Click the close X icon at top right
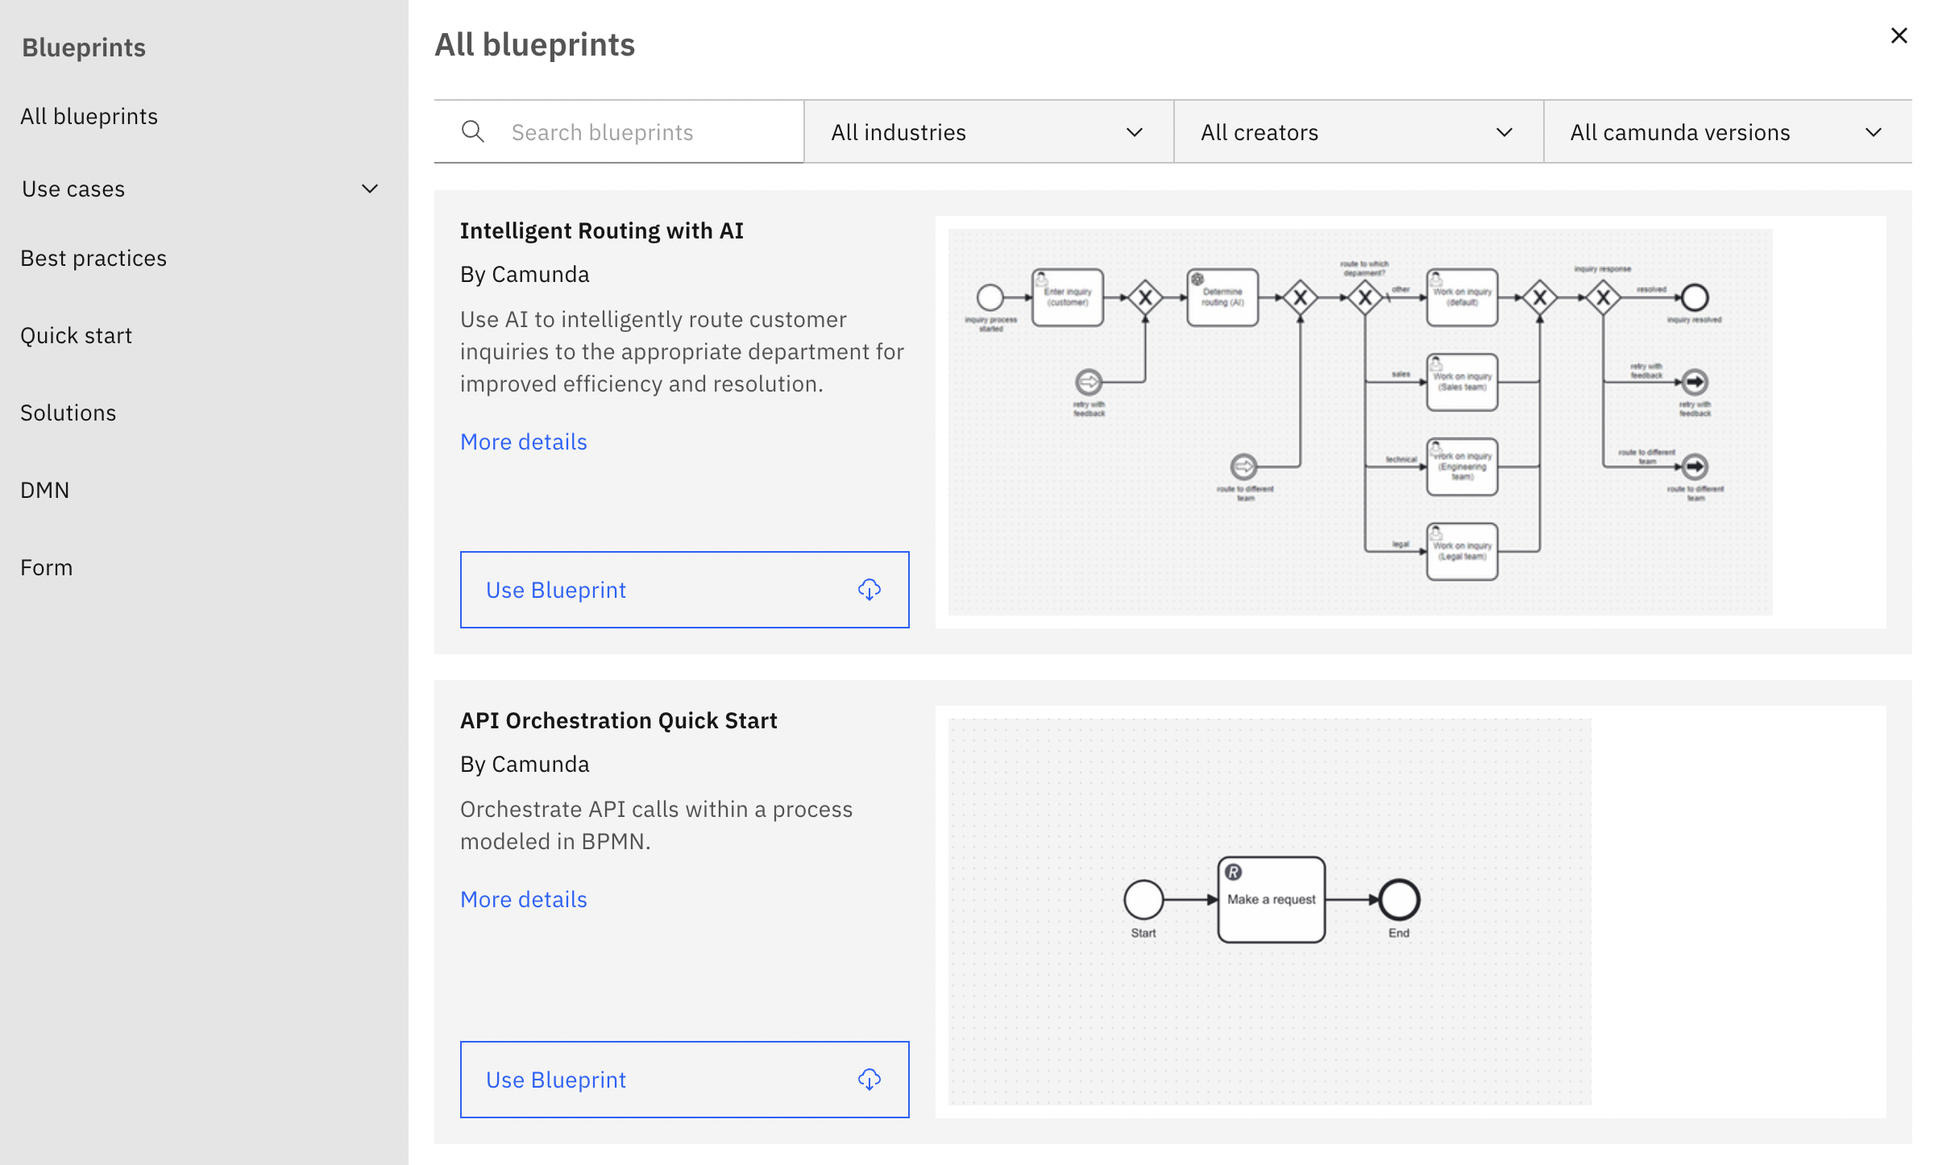[x=1899, y=35]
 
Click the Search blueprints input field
[x=637, y=132]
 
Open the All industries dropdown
[x=988, y=132]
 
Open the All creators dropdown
[x=1358, y=132]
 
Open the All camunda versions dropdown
[x=1727, y=132]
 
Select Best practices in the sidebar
[x=93, y=258]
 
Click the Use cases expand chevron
[x=370, y=189]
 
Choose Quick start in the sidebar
[x=77, y=335]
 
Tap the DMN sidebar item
[x=45, y=490]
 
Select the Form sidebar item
[x=47, y=567]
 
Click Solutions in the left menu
[x=68, y=413]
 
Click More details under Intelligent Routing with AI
[x=523, y=442]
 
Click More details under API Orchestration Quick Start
[x=523, y=899]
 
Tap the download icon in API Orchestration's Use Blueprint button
[x=869, y=1080]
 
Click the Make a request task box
[x=1271, y=900]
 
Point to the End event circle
[x=1399, y=900]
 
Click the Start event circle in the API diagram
[x=1143, y=900]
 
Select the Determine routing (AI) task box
[x=1222, y=297]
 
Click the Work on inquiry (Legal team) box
[x=1462, y=552]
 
